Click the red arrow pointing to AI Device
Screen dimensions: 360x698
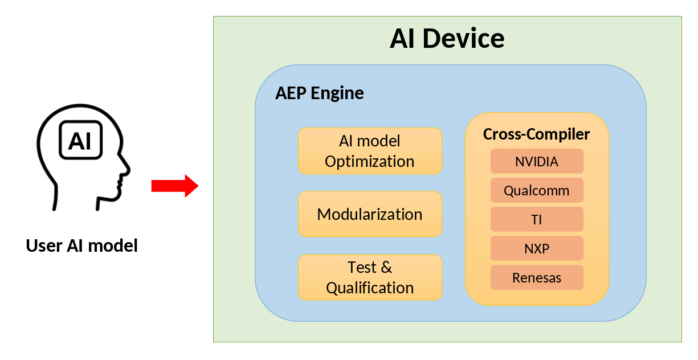174,186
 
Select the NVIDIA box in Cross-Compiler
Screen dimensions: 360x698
537,161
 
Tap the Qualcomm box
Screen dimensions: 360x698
537,190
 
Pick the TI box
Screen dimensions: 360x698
537,219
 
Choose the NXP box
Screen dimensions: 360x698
537,248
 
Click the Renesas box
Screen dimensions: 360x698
537,277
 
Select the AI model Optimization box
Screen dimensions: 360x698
370,151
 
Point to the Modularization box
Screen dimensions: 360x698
370,214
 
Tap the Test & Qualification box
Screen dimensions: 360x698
370,277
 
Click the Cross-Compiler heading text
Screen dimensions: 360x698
536,134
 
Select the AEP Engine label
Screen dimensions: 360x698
319,93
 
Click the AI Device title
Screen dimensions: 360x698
447,39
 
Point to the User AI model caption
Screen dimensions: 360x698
82,246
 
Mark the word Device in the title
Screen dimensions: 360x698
465,39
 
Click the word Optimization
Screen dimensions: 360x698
370,162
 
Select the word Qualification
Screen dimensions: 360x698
370,288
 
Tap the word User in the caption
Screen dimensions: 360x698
43,246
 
